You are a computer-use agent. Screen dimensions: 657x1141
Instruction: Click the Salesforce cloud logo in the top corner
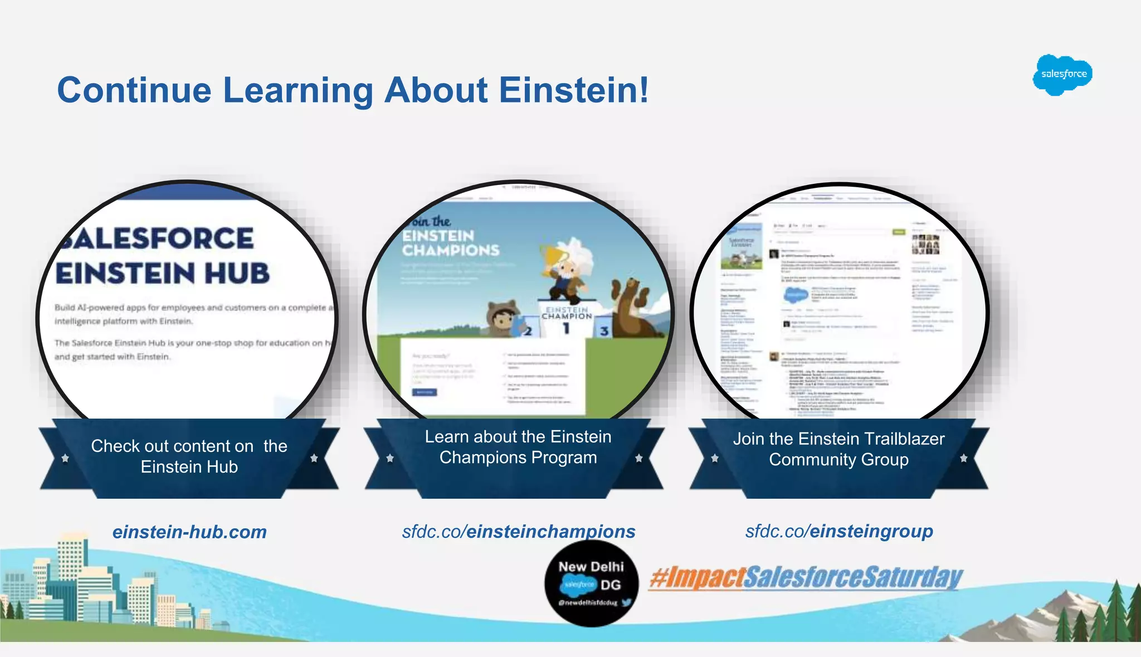click(1062, 75)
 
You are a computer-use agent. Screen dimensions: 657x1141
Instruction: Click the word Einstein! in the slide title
click(574, 90)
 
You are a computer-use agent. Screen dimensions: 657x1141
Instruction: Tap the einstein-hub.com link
click(189, 532)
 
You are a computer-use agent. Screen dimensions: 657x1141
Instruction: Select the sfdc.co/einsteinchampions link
click(519, 532)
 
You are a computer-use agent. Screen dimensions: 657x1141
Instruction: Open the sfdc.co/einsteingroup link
click(839, 532)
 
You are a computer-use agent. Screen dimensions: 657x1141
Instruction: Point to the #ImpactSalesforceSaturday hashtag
click(806, 577)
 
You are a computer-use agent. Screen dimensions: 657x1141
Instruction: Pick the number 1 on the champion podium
click(566, 328)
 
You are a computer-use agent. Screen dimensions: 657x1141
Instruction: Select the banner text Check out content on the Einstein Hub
click(189, 456)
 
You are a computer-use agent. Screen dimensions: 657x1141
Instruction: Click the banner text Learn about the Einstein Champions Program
click(518, 447)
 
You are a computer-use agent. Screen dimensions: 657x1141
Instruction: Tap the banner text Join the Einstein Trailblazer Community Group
click(838, 449)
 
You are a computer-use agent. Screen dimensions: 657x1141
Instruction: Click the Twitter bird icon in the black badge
click(626, 602)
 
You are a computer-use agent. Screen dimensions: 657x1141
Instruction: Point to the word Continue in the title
click(134, 90)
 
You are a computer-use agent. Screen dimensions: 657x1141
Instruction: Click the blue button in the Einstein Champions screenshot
click(425, 392)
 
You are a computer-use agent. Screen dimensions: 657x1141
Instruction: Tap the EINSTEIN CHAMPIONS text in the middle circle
click(451, 243)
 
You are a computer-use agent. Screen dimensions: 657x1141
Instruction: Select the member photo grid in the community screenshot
click(925, 244)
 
